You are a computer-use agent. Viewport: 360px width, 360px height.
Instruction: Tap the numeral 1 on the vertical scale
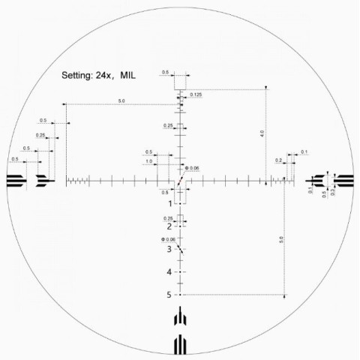(170, 203)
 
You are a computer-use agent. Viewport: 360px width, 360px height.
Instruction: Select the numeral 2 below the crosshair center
(170, 226)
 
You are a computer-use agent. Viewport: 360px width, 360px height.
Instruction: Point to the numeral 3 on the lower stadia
(170, 248)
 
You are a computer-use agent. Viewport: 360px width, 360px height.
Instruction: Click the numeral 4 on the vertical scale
(170, 271)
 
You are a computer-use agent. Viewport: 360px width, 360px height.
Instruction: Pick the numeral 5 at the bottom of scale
(170, 295)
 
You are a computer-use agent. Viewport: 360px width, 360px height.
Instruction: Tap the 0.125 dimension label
(196, 94)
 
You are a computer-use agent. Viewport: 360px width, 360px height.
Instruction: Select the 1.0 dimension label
(149, 161)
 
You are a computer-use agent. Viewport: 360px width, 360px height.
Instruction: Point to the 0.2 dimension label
(279, 160)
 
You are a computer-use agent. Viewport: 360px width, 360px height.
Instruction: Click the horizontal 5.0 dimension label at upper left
(121, 100)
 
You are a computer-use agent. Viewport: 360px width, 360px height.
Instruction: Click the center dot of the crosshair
(180, 180)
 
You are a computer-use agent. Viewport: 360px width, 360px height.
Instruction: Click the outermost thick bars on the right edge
(344, 180)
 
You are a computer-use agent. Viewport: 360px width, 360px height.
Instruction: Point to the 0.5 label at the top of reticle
(165, 73)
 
